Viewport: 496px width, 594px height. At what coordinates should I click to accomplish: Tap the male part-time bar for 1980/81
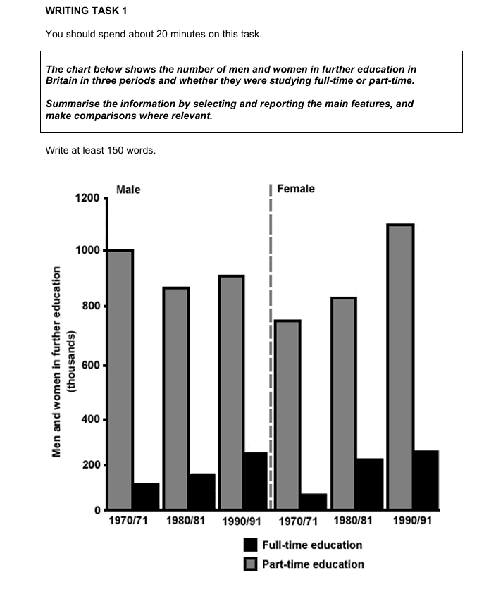[176, 398]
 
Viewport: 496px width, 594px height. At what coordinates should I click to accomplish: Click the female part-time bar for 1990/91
[400, 366]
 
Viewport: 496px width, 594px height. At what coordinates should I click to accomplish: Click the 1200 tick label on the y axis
[87, 198]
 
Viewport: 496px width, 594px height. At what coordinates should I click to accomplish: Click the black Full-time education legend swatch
[251, 545]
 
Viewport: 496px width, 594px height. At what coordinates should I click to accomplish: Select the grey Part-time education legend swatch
[251, 564]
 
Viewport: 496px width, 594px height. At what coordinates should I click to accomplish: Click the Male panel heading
[128, 189]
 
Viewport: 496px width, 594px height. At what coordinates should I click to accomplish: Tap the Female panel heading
[296, 189]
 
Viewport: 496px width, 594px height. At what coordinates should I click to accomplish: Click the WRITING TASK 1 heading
[87, 11]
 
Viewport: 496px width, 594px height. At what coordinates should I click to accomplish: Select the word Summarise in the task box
[72, 104]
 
